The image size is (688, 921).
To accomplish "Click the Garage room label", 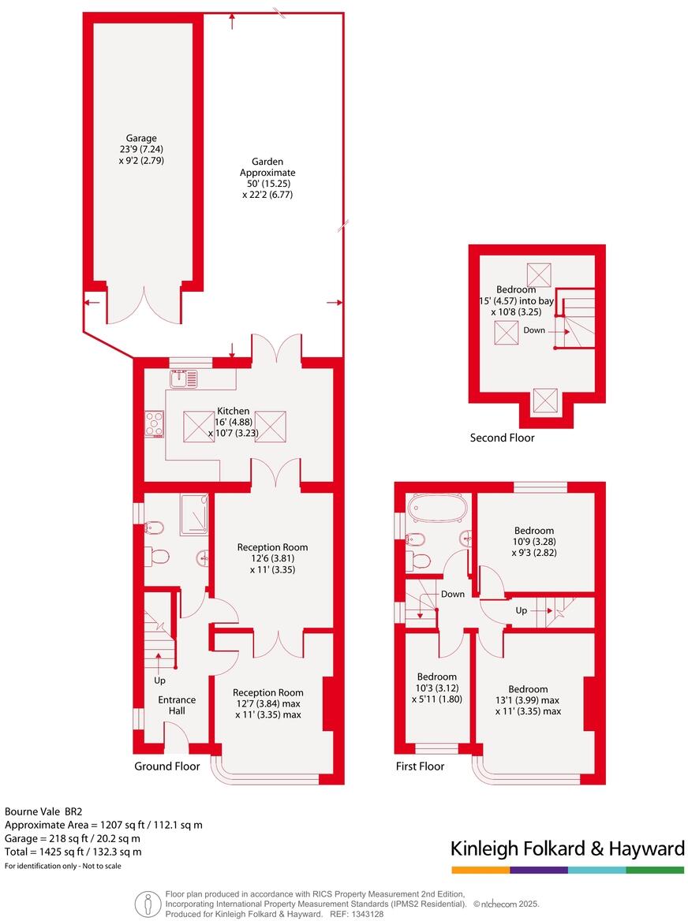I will point(145,139).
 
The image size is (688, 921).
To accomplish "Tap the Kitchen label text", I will point(233,411).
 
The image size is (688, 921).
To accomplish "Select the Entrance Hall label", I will point(177,705).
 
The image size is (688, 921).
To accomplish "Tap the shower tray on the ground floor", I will point(194,515).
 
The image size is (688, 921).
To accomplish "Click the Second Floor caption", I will point(502,438).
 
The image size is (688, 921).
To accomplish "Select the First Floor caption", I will point(420,766).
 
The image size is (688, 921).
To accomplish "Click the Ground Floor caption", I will point(166,766).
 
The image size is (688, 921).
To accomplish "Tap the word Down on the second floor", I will point(533,330).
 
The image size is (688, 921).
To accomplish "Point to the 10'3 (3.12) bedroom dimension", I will point(436,688).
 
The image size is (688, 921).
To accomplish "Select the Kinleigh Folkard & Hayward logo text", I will point(566,848).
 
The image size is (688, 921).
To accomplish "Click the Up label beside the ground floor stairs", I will point(159,680).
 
